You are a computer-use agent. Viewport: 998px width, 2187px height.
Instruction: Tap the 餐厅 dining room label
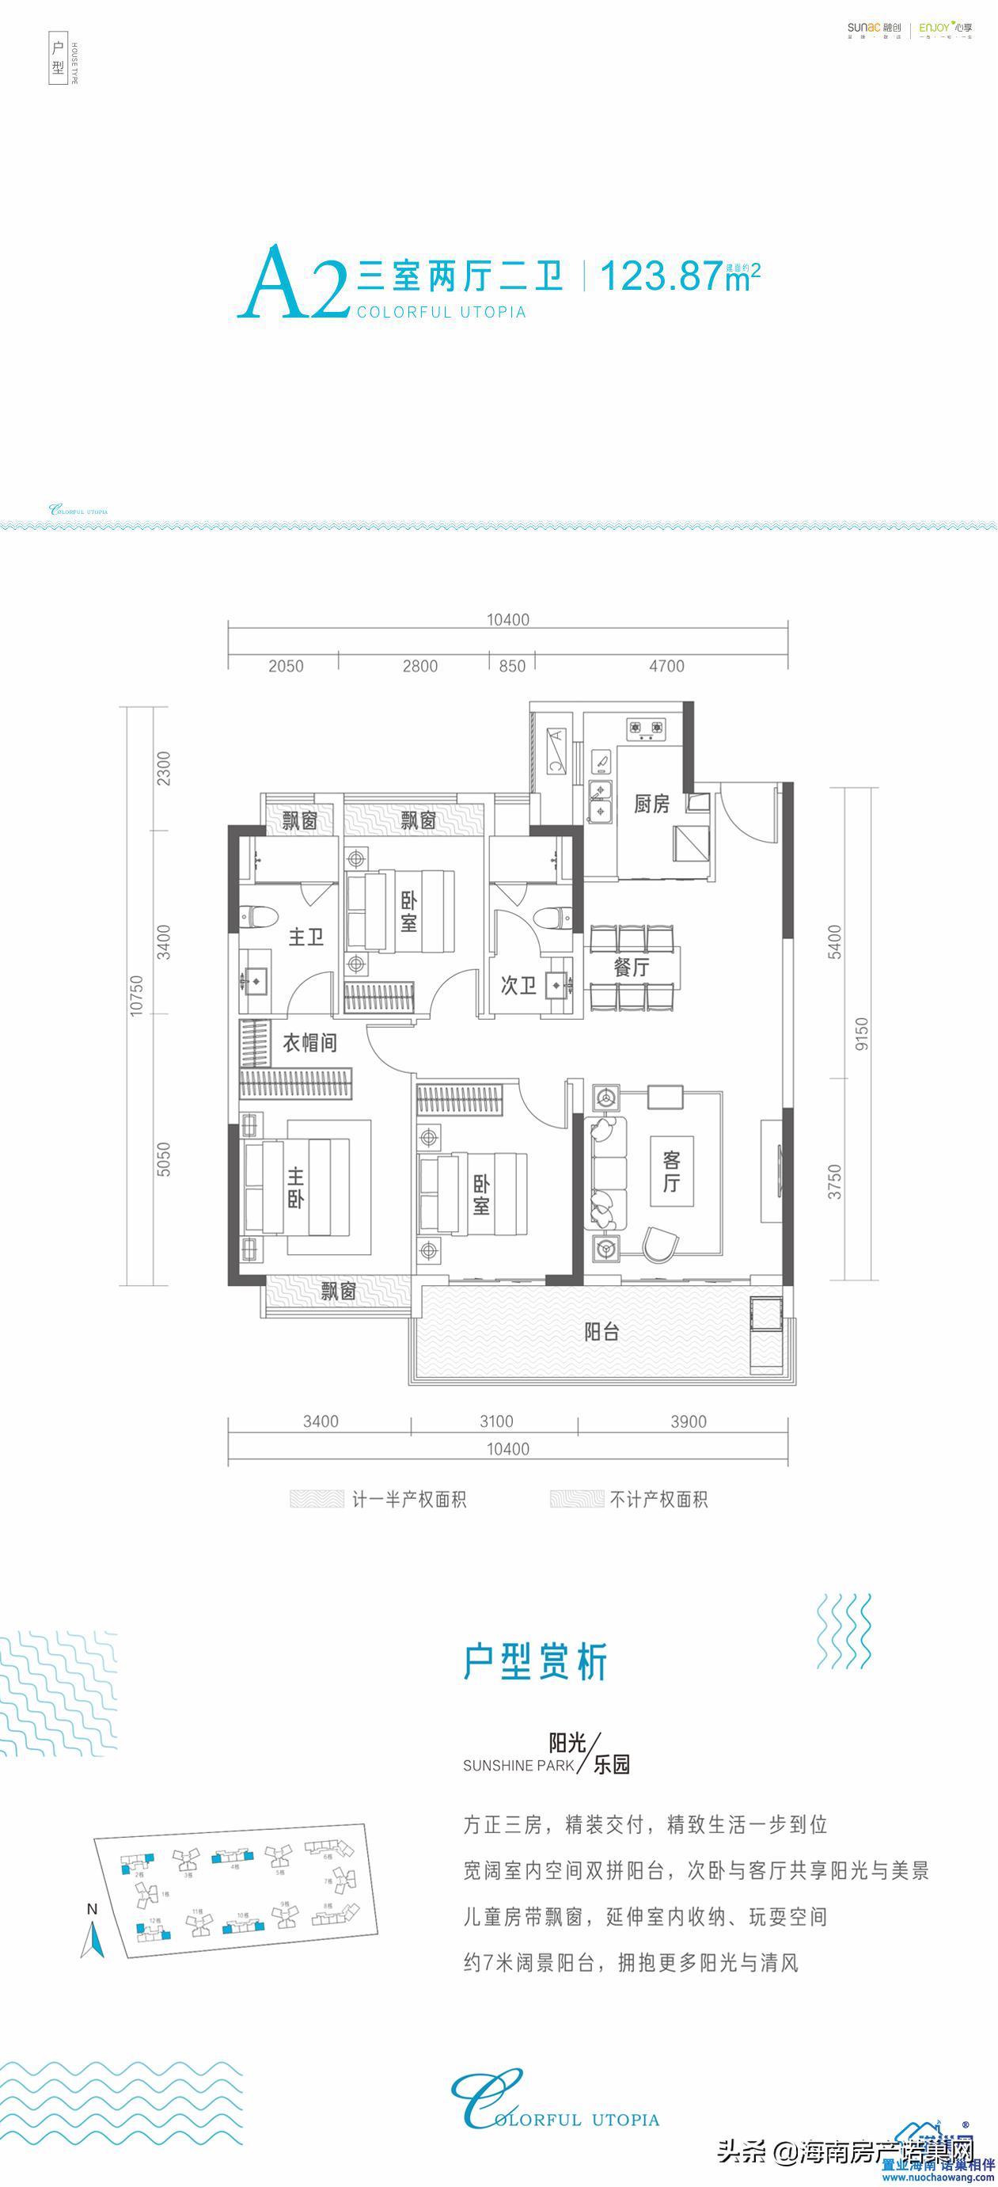tap(632, 966)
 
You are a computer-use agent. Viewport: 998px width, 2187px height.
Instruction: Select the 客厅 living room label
tap(671, 1172)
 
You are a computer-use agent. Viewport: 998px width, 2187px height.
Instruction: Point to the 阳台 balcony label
tap(601, 1332)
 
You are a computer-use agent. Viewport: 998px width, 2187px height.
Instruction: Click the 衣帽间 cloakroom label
tap(309, 1043)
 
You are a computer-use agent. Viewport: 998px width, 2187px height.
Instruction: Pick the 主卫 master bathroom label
tap(305, 938)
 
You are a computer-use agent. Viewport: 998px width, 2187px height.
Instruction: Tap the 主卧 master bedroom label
tap(294, 1187)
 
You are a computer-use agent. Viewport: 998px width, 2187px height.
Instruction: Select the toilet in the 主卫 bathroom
tap(258, 915)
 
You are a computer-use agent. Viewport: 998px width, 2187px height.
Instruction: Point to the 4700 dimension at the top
tap(666, 667)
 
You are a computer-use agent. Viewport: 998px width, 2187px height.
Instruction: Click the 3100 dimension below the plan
tap(495, 1421)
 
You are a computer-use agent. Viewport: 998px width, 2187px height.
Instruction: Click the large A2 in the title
tap(293, 282)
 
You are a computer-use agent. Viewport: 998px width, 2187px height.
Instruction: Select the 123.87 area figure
tap(661, 276)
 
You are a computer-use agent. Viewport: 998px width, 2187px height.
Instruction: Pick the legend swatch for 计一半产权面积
tap(317, 1500)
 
